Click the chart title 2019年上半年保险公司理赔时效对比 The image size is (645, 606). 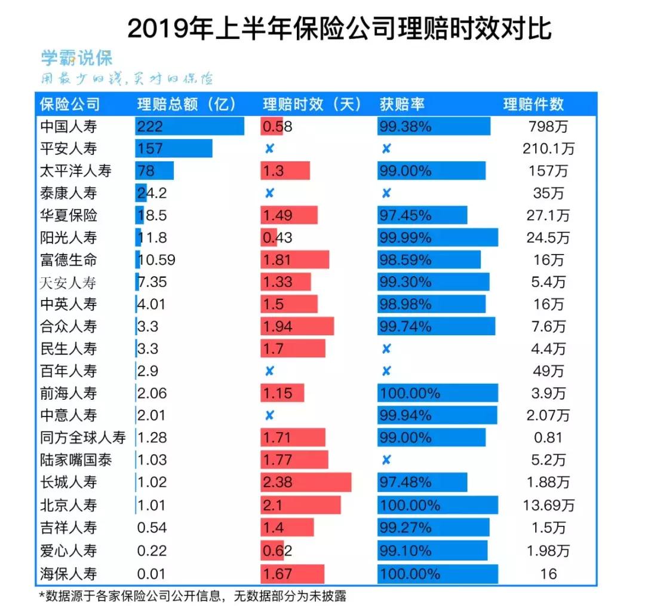click(339, 28)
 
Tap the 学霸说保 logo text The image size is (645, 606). click(76, 59)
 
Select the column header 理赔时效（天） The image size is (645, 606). click(312, 104)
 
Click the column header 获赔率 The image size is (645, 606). click(402, 104)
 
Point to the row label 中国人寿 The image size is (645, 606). click(68, 127)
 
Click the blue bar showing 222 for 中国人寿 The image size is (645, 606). click(189, 127)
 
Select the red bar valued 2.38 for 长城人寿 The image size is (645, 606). click(306, 482)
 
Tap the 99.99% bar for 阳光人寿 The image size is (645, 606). click(438, 238)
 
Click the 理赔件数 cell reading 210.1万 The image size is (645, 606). click(548, 149)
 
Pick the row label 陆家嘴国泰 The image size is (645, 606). click(76, 460)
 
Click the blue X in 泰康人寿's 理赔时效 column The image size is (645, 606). click(269, 193)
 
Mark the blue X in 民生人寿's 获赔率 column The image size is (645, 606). click(386, 349)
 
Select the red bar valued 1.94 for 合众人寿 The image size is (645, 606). click(297, 326)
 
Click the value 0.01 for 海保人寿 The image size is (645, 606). click(152, 574)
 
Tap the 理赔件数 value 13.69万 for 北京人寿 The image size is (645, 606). click(548, 506)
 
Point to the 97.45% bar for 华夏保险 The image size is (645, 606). click(422, 215)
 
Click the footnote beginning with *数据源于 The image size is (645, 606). click(192, 596)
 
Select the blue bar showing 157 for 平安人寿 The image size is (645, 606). click(174, 149)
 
